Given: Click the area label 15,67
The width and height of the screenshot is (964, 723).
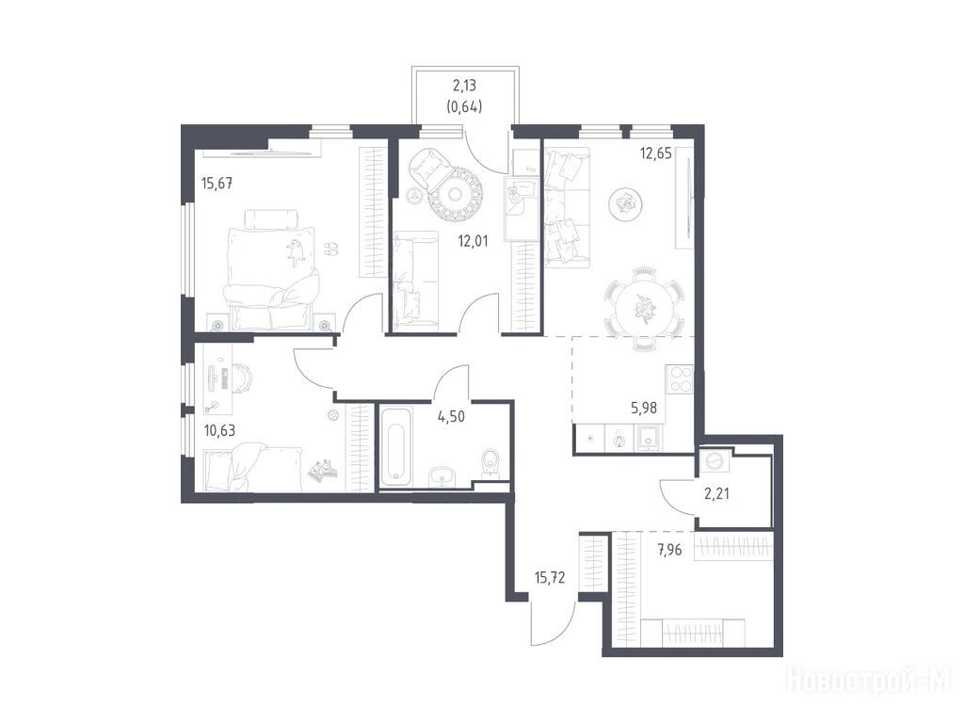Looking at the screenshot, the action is (x=217, y=184).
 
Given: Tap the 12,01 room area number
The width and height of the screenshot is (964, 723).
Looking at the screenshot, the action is (x=473, y=241).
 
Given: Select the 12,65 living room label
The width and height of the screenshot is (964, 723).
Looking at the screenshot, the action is (x=656, y=153).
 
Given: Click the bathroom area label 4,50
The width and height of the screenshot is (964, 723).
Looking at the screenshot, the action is (x=451, y=417).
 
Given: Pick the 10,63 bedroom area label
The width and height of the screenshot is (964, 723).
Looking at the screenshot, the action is (x=219, y=430).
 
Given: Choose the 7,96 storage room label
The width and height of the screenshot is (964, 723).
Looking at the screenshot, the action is (x=669, y=550).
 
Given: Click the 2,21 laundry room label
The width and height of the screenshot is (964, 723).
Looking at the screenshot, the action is (x=716, y=493).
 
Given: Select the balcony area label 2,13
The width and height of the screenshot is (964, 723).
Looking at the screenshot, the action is (x=463, y=86).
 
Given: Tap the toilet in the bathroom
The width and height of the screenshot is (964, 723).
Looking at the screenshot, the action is (x=492, y=461).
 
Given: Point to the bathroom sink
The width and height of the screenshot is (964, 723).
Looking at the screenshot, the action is (x=442, y=475).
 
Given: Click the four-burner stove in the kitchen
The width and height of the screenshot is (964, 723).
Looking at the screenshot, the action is (x=679, y=378).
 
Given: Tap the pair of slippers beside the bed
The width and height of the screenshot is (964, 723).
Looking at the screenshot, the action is (x=330, y=248).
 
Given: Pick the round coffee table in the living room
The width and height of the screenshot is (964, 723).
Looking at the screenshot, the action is (x=626, y=203).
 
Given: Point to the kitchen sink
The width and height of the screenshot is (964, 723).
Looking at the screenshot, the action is (x=649, y=439).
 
